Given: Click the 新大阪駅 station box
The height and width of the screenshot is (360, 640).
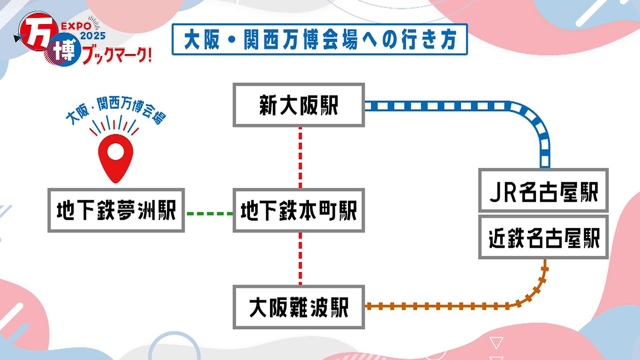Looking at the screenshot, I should coord(299,105).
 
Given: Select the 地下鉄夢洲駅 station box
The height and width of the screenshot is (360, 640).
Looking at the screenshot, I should coord(116,210).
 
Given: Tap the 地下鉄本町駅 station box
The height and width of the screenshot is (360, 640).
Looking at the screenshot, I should coord(299,210).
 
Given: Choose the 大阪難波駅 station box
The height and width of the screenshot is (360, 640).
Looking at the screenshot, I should coord(299,307).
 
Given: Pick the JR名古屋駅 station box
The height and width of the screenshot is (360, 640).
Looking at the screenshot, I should coord(543,190).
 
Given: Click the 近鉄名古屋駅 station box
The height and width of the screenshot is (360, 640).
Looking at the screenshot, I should coord(543,237).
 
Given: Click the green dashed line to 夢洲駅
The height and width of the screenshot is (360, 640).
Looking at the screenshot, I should coord(209,214).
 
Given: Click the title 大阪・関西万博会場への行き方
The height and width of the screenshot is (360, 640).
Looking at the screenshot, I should coord(320,39).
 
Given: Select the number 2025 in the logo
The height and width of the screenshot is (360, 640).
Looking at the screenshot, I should coord(93,36).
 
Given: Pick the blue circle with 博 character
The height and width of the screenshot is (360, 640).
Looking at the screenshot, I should coord(62,50).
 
